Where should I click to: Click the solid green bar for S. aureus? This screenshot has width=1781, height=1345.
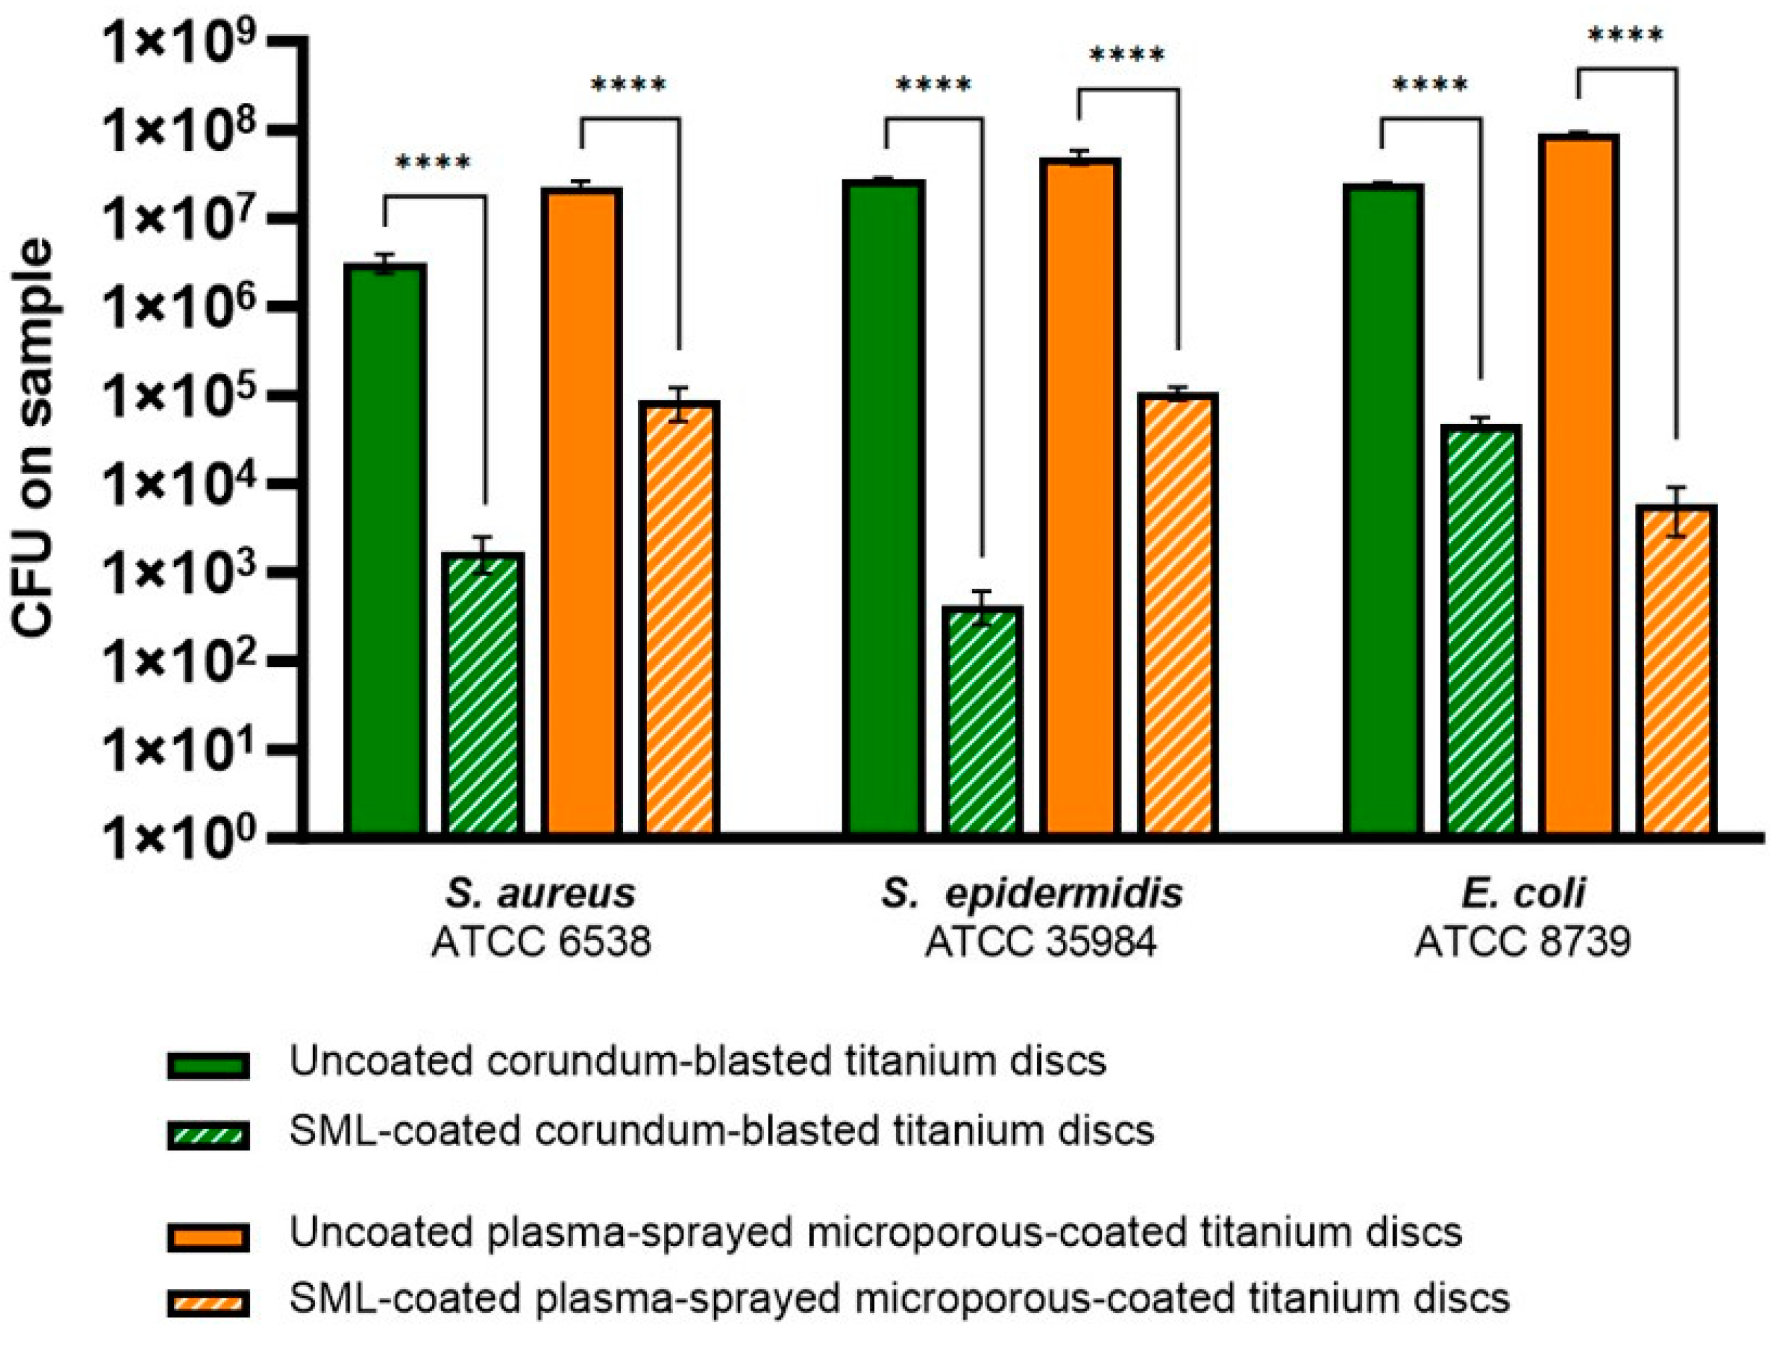[x=386, y=548]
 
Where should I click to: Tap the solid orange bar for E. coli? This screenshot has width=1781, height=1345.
[x=1579, y=483]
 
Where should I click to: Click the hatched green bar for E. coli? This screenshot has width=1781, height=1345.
[x=1481, y=629]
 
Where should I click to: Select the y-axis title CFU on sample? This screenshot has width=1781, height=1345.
[x=34, y=439]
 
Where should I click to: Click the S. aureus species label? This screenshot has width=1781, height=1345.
[x=541, y=892]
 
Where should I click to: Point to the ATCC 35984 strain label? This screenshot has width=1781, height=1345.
[x=1040, y=941]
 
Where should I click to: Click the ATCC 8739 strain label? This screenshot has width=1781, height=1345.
[x=1522, y=941]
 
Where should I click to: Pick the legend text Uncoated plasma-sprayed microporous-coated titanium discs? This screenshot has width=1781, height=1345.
[x=875, y=1232]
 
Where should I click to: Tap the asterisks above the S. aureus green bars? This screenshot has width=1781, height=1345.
[x=433, y=164]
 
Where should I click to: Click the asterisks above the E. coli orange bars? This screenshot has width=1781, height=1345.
[x=1625, y=35]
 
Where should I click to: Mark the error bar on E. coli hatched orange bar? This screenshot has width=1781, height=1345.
[x=1677, y=511]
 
